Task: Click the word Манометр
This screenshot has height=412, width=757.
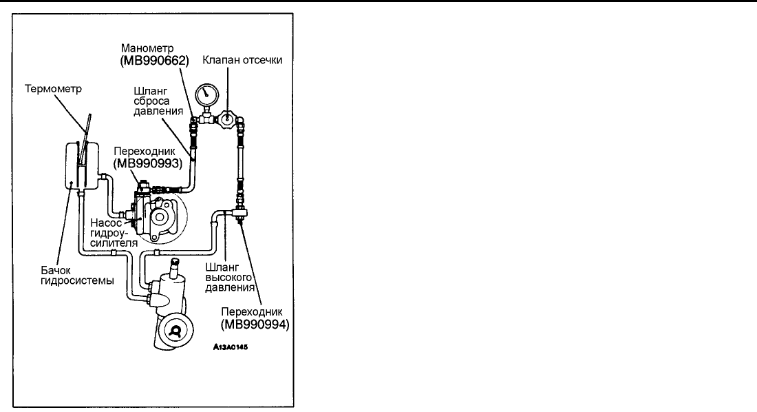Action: pyautogui.click(x=142, y=48)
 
